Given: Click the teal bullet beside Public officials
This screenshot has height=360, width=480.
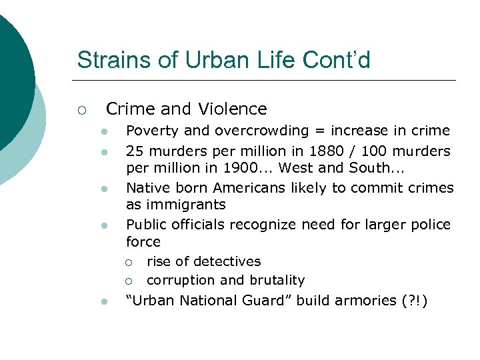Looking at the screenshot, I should click(104, 226).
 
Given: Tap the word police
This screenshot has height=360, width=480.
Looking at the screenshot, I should click(431, 225).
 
